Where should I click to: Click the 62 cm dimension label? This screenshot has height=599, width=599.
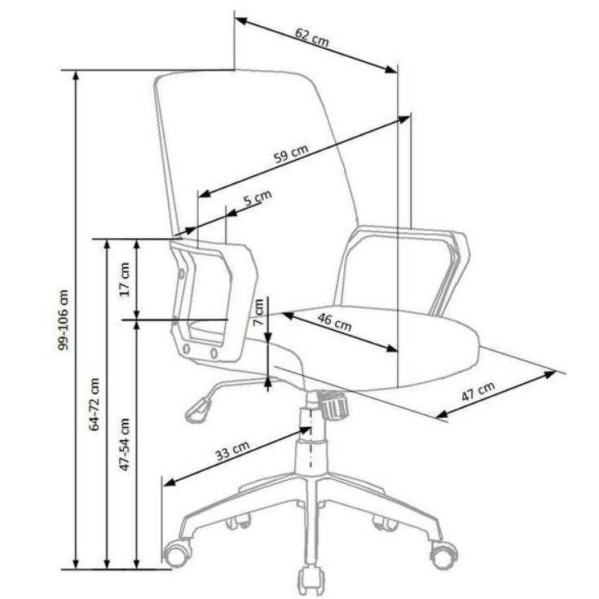(312, 37)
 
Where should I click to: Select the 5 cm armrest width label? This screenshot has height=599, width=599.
(257, 198)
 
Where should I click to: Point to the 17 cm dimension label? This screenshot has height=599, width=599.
(124, 279)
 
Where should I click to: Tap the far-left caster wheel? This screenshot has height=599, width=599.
(176, 554)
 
